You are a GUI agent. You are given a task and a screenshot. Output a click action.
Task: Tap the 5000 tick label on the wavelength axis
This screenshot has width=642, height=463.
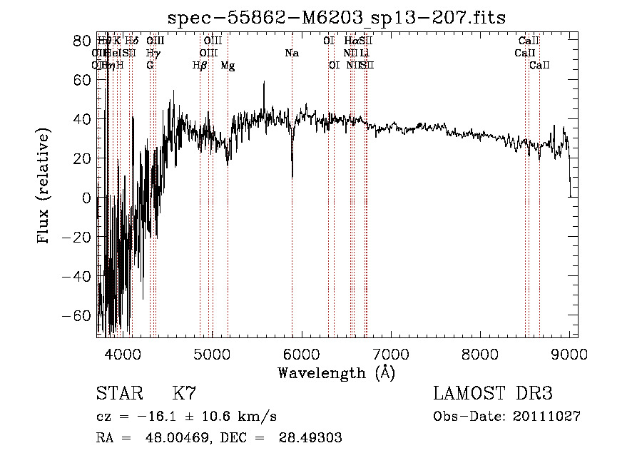coord(211,352)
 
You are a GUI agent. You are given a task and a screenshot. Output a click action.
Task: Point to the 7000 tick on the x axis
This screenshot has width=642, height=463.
coord(390,352)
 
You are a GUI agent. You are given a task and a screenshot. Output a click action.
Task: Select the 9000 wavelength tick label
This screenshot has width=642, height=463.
coord(569,352)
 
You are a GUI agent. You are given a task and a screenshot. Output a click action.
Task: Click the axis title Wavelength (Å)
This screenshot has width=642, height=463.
coord(336,372)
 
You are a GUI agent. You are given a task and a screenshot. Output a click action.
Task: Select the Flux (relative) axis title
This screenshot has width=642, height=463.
coord(44,187)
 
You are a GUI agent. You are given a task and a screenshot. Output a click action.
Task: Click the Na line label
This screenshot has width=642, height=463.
coord(292,54)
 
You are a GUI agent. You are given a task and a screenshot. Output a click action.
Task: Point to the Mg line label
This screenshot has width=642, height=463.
coord(228,66)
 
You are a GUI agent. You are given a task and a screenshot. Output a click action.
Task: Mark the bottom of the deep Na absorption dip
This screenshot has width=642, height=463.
coord(292,177)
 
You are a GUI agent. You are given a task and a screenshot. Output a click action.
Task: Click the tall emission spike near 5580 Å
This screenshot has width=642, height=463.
coord(264,83)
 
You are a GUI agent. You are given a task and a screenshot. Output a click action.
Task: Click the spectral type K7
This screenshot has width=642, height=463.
coord(184,393)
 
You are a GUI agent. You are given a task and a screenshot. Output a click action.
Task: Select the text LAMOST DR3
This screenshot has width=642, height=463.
coord(493,393)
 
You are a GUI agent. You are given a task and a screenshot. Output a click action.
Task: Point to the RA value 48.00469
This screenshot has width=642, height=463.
coord(177,438)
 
